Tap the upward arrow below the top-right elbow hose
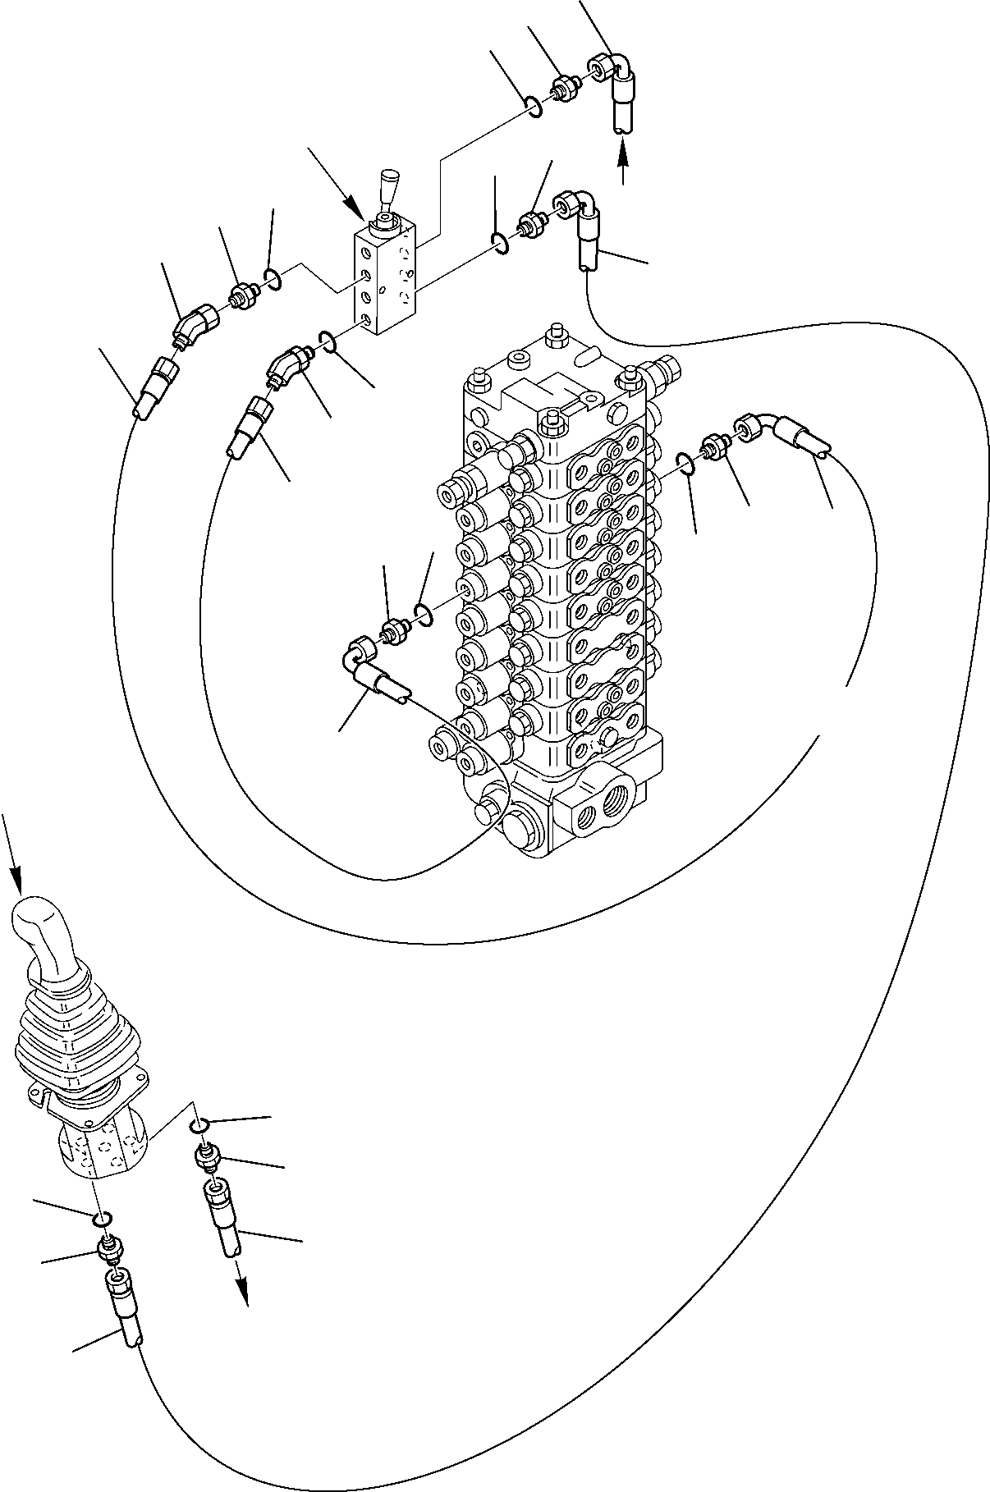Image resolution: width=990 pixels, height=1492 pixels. (623, 159)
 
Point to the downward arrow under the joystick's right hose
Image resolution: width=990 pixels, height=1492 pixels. (243, 1297)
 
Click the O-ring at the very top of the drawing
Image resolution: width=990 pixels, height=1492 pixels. (534, 107)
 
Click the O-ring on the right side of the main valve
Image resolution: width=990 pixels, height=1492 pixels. (688, 464)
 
